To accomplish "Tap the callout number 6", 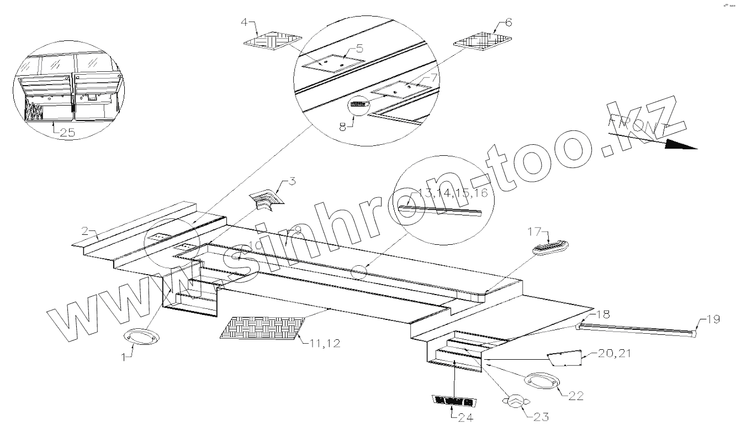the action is (x=509, y=23).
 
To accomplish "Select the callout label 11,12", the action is (x=325, y=343).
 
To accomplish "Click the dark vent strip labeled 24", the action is (x=452, y=400).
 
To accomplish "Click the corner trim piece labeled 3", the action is (x=266, y=199).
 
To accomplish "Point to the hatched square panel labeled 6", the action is (x=483, y=41).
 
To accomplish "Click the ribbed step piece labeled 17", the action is (x=551, y=247).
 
